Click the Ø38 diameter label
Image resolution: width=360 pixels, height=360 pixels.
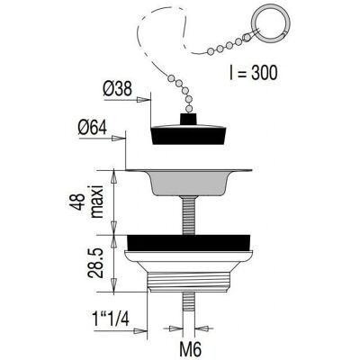click(118, 89)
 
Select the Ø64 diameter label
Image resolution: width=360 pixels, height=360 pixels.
click(93, 129)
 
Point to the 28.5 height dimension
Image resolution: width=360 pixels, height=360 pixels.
click(94, 263)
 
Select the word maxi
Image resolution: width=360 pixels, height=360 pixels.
click(97, 202)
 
